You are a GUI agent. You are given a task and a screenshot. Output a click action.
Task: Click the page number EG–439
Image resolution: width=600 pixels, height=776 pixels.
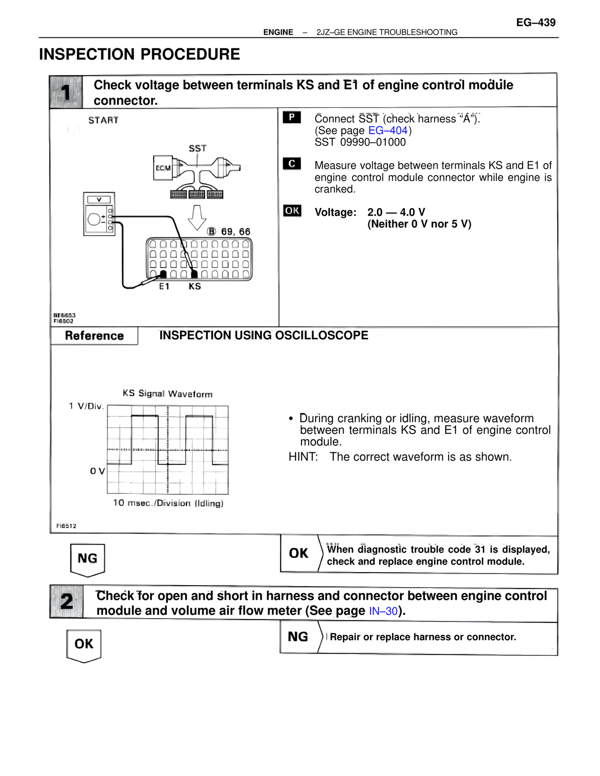[x=536, y=22]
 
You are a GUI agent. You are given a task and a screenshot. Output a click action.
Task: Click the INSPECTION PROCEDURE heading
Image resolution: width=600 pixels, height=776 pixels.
[x=139, y=54]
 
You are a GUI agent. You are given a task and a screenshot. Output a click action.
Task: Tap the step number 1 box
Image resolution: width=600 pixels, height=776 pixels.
[x=66, y=92]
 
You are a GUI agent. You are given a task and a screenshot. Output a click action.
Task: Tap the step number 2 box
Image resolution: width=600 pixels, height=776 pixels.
[x=67, y=602]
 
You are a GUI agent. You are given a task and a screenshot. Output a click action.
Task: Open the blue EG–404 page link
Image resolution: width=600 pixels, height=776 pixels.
[x=388, y=130]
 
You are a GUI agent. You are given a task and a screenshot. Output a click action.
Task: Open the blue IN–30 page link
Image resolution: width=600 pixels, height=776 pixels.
[x=383, y=611]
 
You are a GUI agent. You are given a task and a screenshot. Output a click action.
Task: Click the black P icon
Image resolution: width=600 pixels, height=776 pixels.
[x=292, y=117]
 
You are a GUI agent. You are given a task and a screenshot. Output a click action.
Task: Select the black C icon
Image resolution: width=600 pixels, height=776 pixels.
[x=292, y=164]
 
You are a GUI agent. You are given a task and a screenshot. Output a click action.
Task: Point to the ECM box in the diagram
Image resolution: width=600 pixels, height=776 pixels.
[x=163, y=168]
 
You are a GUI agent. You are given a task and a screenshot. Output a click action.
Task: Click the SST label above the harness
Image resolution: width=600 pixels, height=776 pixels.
[x=197, y=149]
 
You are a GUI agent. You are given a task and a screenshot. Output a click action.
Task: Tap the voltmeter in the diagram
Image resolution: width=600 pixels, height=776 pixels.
[x=99, y=214]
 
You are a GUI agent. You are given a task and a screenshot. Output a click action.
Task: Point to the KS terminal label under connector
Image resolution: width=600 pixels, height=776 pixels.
[x=195, y=286]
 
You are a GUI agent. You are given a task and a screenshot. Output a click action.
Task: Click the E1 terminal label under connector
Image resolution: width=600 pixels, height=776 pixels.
[x=164, y=286]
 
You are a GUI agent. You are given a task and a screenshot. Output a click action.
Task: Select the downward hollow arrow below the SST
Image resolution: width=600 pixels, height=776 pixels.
[x=197, y=217]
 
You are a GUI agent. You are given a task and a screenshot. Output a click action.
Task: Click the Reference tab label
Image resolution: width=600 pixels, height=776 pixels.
[x=94, y=336]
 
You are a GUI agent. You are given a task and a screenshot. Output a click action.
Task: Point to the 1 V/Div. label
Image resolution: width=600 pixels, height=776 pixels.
[x=86, y=406]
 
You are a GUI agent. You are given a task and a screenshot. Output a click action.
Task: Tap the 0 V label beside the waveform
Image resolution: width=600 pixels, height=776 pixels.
[x=97, y=471]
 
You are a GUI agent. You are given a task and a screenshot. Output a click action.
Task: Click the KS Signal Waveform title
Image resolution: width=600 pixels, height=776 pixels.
[x=167, y=394]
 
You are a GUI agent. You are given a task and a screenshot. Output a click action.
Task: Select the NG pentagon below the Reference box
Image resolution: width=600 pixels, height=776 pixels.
[x=87, y=559]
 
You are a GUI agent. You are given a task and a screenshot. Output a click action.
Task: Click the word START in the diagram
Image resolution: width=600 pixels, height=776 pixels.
[x=103, y=120]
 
